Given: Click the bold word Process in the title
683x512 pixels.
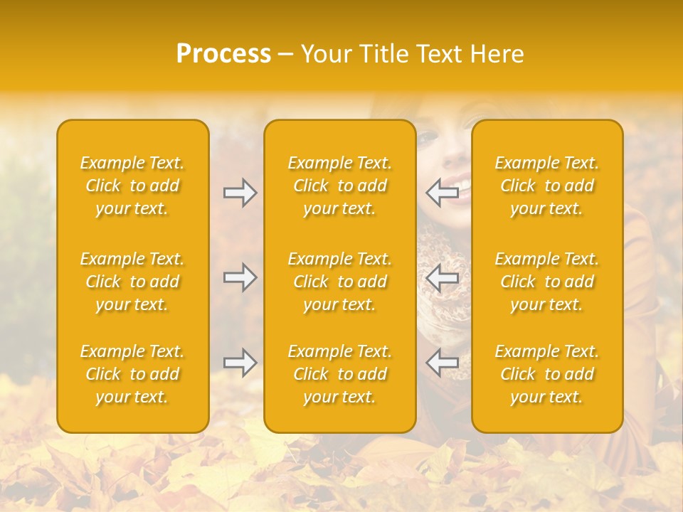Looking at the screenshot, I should point(223,54).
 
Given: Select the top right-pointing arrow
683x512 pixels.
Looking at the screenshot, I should point(240,193).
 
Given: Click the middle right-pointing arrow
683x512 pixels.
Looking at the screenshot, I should point(240,277).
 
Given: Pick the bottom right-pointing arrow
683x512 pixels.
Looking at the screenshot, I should point(240,363).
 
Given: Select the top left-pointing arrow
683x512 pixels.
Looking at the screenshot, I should point(442,193).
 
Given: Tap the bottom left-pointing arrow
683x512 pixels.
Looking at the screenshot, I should point(442,363).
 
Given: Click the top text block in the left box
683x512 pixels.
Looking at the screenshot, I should point(132,186).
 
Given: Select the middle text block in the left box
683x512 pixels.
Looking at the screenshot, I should point(132,282).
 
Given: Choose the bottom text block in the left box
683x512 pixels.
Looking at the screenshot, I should point(132,374).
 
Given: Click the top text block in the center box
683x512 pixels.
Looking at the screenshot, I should point(339,186).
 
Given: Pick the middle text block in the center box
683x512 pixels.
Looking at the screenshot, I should point(339,282).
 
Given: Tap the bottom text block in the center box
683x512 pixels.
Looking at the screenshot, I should point(339,374).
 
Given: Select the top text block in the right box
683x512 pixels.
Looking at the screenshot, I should point(547,186).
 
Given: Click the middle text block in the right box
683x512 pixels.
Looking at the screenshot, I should point(547,282).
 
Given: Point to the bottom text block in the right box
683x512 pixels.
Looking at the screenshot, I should point(547,374).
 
